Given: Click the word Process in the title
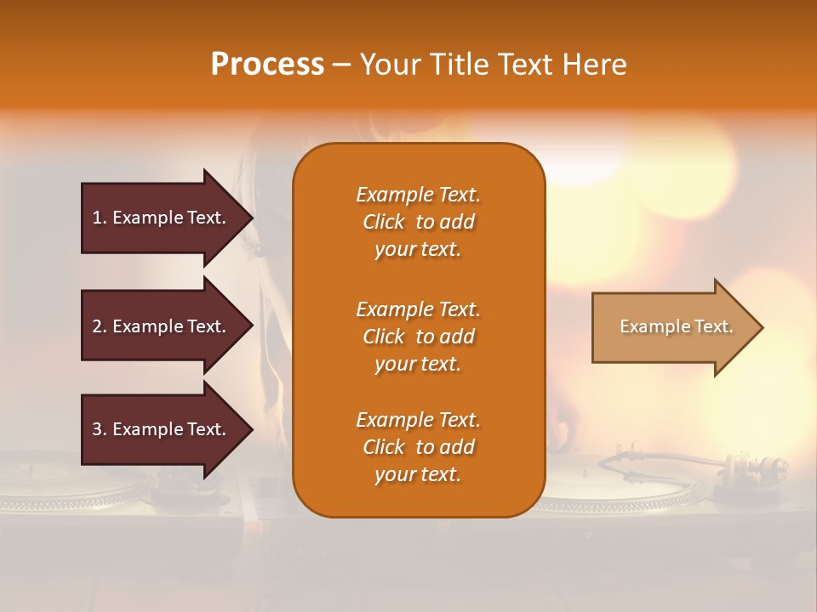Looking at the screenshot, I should point(267,65).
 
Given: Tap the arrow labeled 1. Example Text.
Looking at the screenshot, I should point(162,218).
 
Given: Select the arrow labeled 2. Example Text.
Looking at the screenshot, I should point(162,326).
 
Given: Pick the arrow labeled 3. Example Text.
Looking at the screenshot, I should point(162,429).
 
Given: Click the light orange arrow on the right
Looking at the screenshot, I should point(672,327).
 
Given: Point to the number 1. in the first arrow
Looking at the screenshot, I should point(100,218).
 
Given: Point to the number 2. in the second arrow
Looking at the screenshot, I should point(100,326).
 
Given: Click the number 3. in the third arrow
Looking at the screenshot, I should point(100,429).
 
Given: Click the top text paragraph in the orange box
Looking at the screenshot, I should point(418,222).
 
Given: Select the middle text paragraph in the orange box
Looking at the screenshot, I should point(418,337).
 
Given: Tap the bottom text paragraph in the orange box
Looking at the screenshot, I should point(418,447).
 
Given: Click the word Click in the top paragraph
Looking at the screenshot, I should point(384,222).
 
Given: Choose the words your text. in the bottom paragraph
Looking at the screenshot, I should point(418,474).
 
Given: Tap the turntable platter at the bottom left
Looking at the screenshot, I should point(68,489).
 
